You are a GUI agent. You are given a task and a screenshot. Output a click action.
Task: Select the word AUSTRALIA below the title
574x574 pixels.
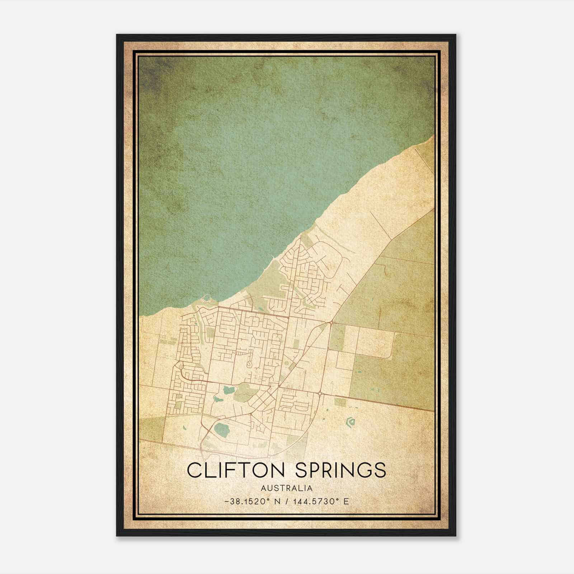287,488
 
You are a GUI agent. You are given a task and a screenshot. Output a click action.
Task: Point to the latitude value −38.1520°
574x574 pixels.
247,502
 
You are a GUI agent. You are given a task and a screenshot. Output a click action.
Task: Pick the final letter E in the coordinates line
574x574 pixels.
346,502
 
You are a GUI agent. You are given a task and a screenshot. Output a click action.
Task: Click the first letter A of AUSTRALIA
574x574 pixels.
264,488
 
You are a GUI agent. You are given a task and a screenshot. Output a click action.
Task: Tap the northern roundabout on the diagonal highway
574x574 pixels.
330,323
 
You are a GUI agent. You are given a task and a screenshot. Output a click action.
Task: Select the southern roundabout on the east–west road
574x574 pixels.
320,394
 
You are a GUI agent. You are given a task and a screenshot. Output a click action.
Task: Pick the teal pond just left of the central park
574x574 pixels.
227,389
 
